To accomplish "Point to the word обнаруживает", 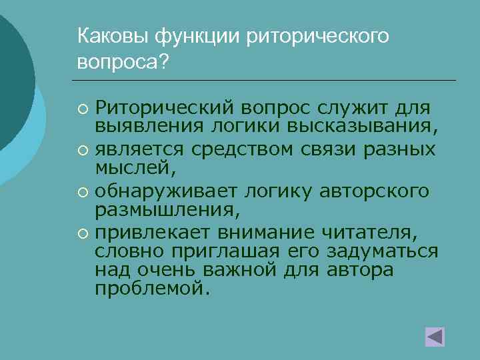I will point(156,191).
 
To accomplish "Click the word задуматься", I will point(381,251).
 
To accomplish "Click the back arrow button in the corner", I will point(435,336).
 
